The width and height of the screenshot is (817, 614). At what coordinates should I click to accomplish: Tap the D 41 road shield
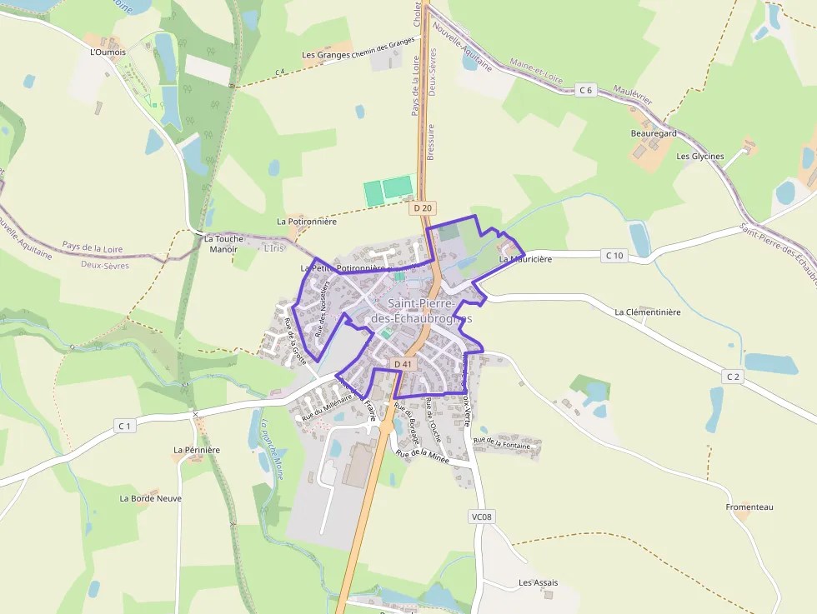point(403,364)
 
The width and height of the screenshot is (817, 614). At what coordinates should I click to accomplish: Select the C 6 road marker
point(587,90)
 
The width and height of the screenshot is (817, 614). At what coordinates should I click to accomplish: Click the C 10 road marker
point(614,255)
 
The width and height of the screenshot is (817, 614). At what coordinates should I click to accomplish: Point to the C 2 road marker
point(733,377)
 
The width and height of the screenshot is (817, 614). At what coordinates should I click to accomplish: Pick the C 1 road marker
point(124,427)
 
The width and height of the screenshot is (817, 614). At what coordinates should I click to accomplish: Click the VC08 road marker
point(482,517)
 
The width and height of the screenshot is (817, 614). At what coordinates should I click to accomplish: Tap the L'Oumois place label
point(108,52)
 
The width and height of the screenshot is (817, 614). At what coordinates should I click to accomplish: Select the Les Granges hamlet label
point(326,55)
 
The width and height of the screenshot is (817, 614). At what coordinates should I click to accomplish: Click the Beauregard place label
point(654,133)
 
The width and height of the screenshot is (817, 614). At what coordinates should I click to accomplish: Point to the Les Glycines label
point(700,156)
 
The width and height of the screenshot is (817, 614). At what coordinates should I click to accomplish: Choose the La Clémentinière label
point(648,312)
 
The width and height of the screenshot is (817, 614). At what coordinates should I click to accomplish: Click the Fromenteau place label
point(749,507)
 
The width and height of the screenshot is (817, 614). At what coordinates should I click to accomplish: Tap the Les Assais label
point(539,582)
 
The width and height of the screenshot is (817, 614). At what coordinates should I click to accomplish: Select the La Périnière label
point(197,450)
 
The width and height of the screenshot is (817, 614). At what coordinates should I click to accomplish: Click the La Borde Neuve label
point(150,498)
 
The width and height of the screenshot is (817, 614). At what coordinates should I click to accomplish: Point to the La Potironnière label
point(307,222)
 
